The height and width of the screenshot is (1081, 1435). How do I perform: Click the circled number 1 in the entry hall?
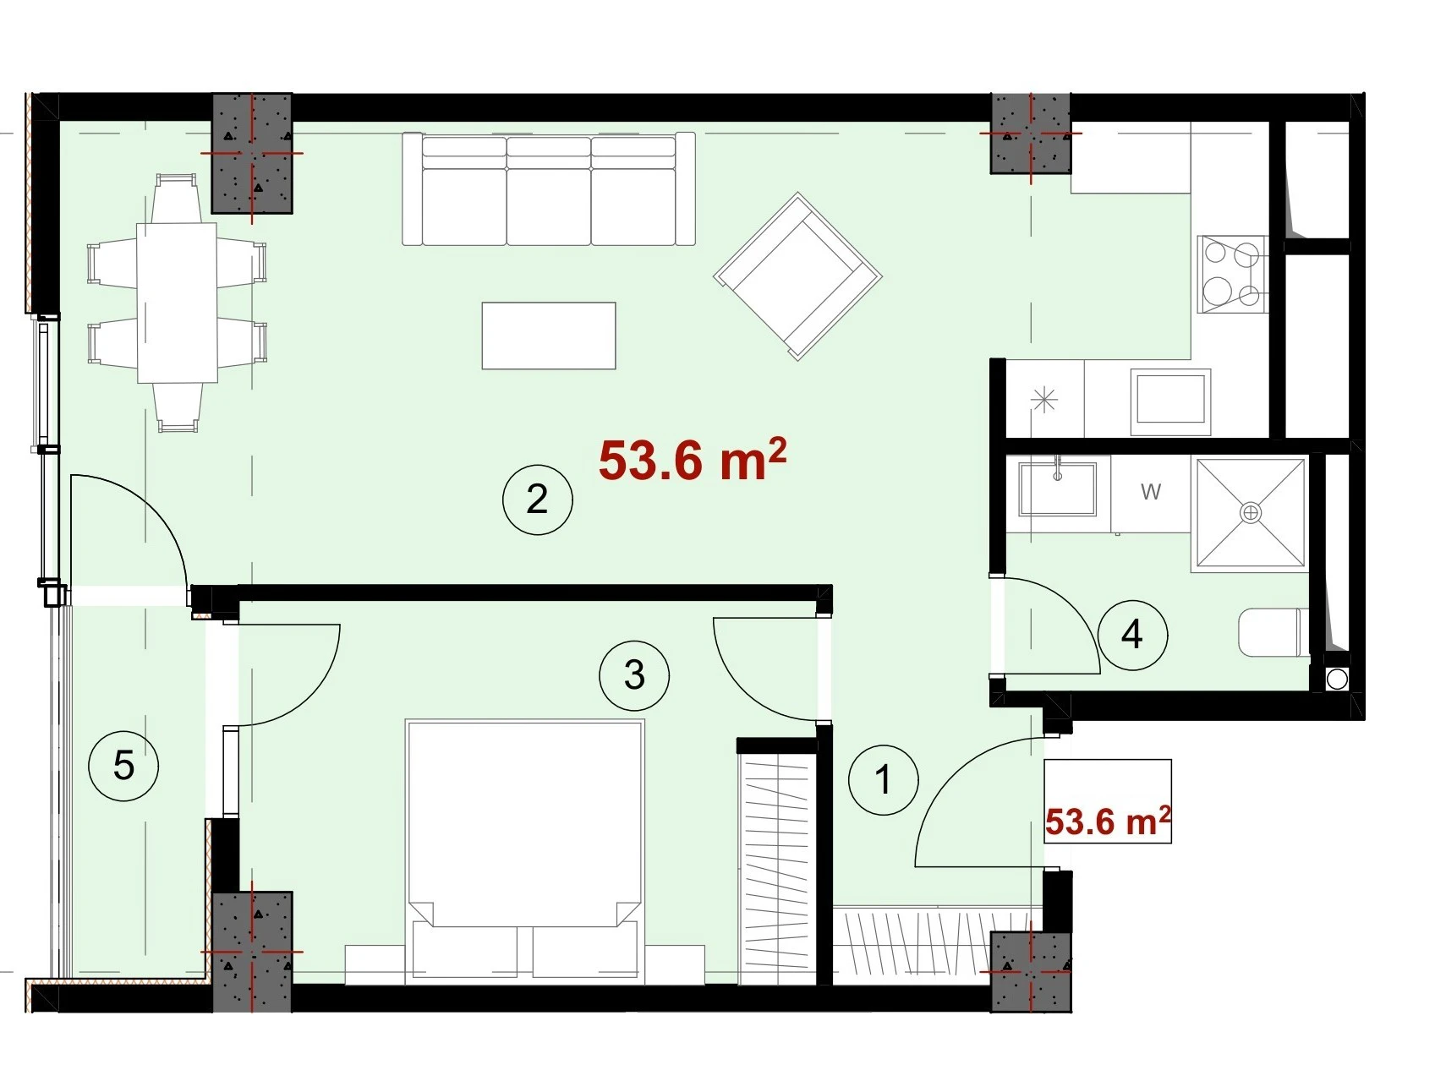click(884, 779)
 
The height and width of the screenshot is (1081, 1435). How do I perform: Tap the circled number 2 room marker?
click(537, 499)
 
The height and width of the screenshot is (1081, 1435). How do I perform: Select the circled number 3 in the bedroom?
click(634, 674)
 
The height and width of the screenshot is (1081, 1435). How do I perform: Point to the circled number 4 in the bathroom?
click(1132, 634)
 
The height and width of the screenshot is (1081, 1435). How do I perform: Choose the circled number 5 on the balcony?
click(123, 766)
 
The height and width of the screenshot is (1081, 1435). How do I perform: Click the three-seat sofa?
click(549, 188)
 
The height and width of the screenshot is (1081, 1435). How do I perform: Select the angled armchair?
click(798, 276)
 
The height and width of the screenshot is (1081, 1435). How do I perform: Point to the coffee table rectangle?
click(549, 336)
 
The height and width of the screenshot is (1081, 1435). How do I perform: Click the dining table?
click(177, 303)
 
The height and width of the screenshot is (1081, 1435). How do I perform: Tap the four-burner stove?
click(1232, 275)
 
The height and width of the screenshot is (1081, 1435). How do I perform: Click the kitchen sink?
click(1171, 397)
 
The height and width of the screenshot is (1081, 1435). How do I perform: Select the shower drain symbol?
click(1251, 512)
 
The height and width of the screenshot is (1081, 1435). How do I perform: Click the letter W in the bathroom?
click(1151, 491)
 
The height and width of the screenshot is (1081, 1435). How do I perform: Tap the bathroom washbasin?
click(1058, 489)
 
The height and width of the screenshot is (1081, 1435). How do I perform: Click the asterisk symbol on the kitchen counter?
click(1045, 399)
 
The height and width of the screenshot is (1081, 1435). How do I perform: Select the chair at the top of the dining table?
click(176, 198)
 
